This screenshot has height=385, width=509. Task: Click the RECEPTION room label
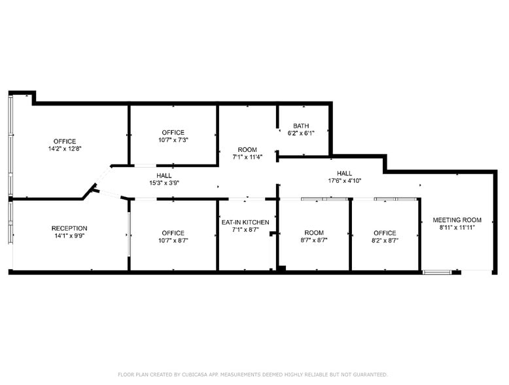pos(69,229)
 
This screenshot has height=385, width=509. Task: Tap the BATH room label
pos(301,126)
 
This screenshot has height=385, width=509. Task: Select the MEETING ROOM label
pos(457,220)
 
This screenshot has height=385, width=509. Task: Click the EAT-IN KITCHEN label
pos(245,223)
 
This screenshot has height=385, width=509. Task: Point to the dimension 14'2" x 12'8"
pos(65,149)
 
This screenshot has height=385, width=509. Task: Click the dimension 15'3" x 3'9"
pos(164,183)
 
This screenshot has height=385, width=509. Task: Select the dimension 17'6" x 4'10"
pos(344,181)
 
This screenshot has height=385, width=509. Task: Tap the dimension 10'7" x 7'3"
pos(173,140)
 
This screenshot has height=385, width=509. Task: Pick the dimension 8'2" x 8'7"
pos(385,240)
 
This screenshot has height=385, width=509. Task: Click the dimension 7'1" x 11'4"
pos(247,157)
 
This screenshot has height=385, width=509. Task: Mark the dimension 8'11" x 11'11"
pos(457,228)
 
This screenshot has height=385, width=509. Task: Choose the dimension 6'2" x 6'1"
pos(301,133)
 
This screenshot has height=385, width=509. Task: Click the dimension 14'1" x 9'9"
pos(69,236)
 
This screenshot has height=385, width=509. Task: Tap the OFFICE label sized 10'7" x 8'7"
pos(173,233)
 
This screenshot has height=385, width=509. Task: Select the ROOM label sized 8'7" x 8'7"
pos(314,233)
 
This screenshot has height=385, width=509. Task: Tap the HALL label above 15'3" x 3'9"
pos(164,175)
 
